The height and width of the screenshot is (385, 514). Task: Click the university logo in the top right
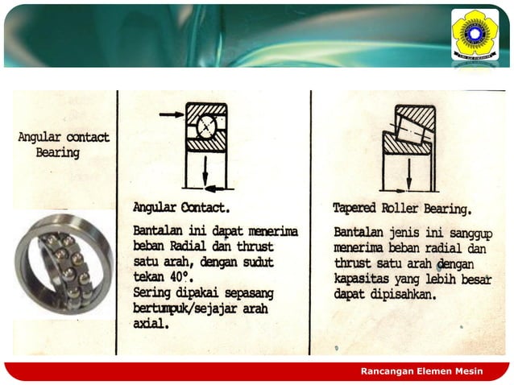coord(475,34)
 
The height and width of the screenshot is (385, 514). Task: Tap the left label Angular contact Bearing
coord(63,144)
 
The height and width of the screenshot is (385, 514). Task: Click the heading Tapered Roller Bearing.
coord(402,209)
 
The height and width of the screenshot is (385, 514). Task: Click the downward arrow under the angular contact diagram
coord(205,170)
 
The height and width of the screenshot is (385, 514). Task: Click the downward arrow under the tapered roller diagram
coord(409,172)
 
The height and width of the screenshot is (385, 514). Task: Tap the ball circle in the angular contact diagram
coord(205,126)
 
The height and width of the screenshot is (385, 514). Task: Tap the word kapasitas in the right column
coord(359,279)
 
